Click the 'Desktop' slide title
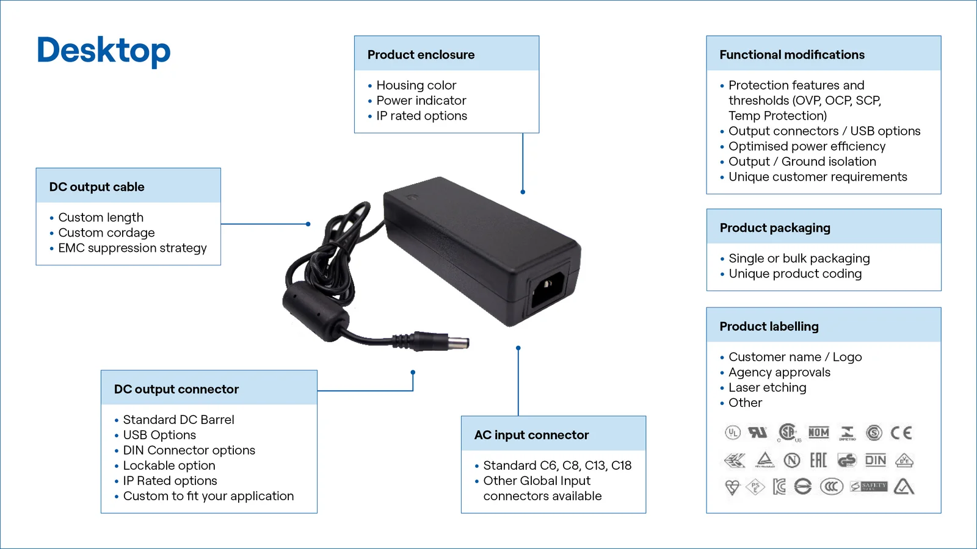pos(104,51)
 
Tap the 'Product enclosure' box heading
pos(421,55)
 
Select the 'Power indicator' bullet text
pos(421,101)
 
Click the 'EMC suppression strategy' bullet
pos(133,248)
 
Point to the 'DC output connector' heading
pos(176,389)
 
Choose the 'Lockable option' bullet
pos(169,465)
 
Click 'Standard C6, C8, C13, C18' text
pos(557,465)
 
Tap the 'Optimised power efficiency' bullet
pos(807,146)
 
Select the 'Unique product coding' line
pos(795,274)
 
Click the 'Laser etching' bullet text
pos(767,387)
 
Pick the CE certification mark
pos(901,433)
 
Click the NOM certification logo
pos(818,433)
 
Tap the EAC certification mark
pos(818,460)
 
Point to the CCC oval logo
pos(830,487)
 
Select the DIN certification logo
pos(875,461)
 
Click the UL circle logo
pos(733,433)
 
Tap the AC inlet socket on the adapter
pos(547,289)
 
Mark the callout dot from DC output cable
pos(308,224)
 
